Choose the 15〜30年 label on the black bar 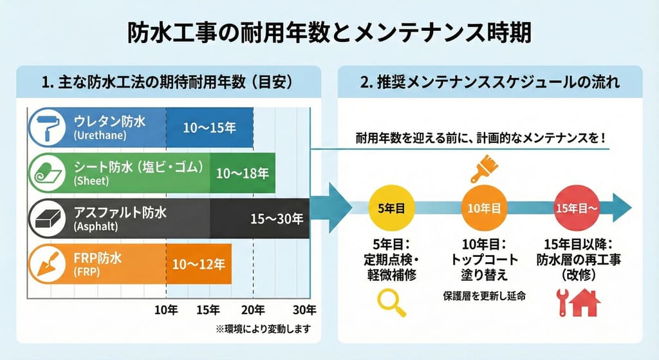(277, 219)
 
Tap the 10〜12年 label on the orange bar (200, 264)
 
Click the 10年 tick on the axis (167, 308)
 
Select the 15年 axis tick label (210, 308)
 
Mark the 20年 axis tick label (253, 308)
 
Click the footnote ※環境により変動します (263, 329)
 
